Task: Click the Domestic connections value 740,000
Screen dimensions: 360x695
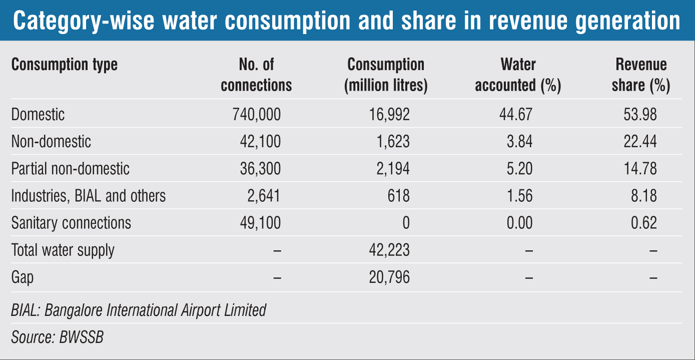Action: point(257,115)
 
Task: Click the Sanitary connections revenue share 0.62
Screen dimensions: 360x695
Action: point(644,223)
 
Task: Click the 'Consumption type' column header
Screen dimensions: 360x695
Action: point(65,65)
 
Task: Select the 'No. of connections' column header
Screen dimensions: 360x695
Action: point(256,75)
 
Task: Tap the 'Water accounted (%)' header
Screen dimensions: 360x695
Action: point(518,75)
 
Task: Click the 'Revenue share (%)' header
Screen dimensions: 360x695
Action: point(641,75)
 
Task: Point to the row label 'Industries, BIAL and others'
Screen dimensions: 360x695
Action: point(89,196)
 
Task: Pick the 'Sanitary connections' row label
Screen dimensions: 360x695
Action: point(71,223)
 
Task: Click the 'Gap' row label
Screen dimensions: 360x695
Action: point(23,277)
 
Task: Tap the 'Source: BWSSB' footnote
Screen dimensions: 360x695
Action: point(57,337)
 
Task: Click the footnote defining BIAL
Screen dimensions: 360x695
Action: point(139,310)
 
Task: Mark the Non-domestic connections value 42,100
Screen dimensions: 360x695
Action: point(260,142)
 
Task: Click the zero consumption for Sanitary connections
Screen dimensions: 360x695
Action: point(405,223)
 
